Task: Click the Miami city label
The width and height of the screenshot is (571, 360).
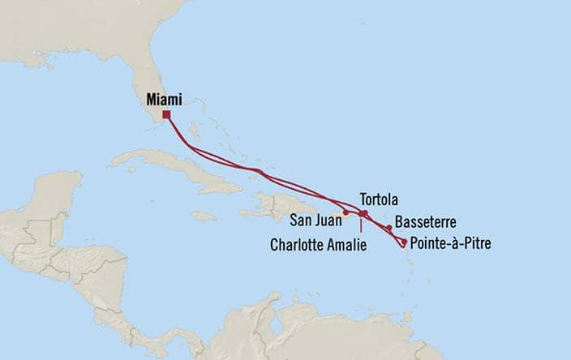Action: click(x=164, y=99)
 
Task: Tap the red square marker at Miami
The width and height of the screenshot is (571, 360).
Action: click(x=166, y=114)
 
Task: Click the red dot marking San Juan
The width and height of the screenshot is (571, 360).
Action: click(x=346, y=213)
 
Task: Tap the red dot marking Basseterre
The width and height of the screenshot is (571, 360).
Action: click(x=389, y=228)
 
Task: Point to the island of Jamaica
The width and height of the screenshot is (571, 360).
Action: click(x=204, y=216)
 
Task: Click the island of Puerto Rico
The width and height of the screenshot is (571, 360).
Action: click(x=340, y=214)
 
